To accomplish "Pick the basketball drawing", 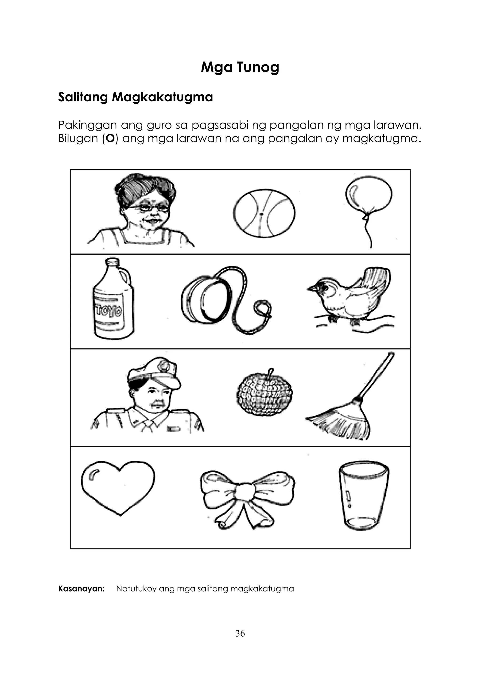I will [x=264, y=213].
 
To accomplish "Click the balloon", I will [x=369, y=195].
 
